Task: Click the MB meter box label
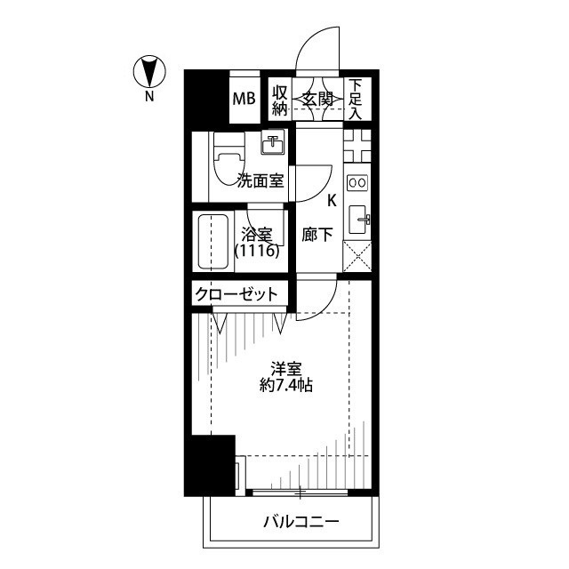click(244, 99)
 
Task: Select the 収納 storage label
click(280, 100)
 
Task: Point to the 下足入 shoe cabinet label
click(356, 100)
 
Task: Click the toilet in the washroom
click(228, 159)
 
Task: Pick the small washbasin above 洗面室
click(272, 144)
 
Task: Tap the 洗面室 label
click(260, 180)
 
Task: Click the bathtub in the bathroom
click(213, 241)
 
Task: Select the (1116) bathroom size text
click(257, 251)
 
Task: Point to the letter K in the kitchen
click(332, 200)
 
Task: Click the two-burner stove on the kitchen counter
click(357, 182)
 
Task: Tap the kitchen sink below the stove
click(359, 220)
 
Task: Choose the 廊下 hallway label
click(317, 235)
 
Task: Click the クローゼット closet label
click(236, 294)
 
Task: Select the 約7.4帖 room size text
click(286, 385)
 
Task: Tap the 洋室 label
click(286, 370)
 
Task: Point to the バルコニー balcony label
click(301, 522)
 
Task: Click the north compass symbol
click(149, 71)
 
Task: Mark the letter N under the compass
click(149, 97)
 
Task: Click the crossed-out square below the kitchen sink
click(357, 257)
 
